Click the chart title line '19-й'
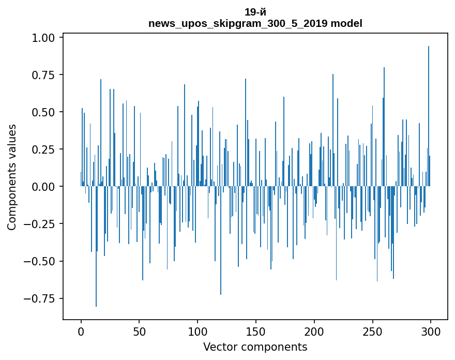click(255, 12)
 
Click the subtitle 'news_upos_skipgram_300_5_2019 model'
click(255, 23)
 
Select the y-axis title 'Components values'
click(12, 177)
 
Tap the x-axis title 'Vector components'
click(255, 347)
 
